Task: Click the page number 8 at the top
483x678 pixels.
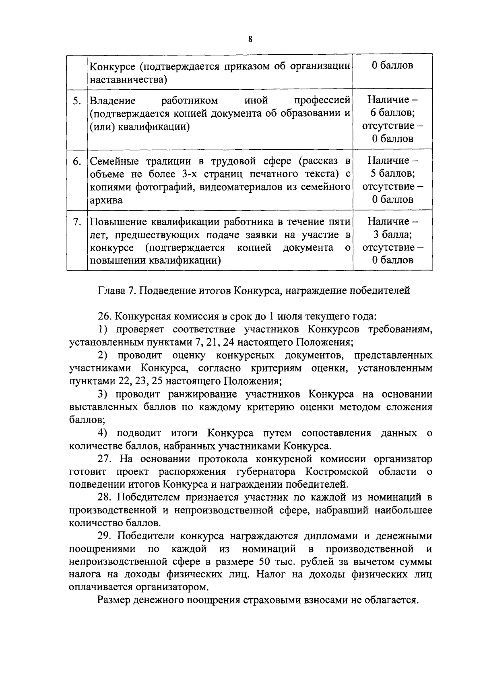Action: click(250, 39)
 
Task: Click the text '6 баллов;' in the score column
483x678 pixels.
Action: click(392, 113)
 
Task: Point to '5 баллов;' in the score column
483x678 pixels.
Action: click(392, 173)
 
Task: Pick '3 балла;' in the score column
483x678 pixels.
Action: click(392, 234)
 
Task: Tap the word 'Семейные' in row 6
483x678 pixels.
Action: click(114, 161)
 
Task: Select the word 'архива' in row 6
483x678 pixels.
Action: click(106, 200)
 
